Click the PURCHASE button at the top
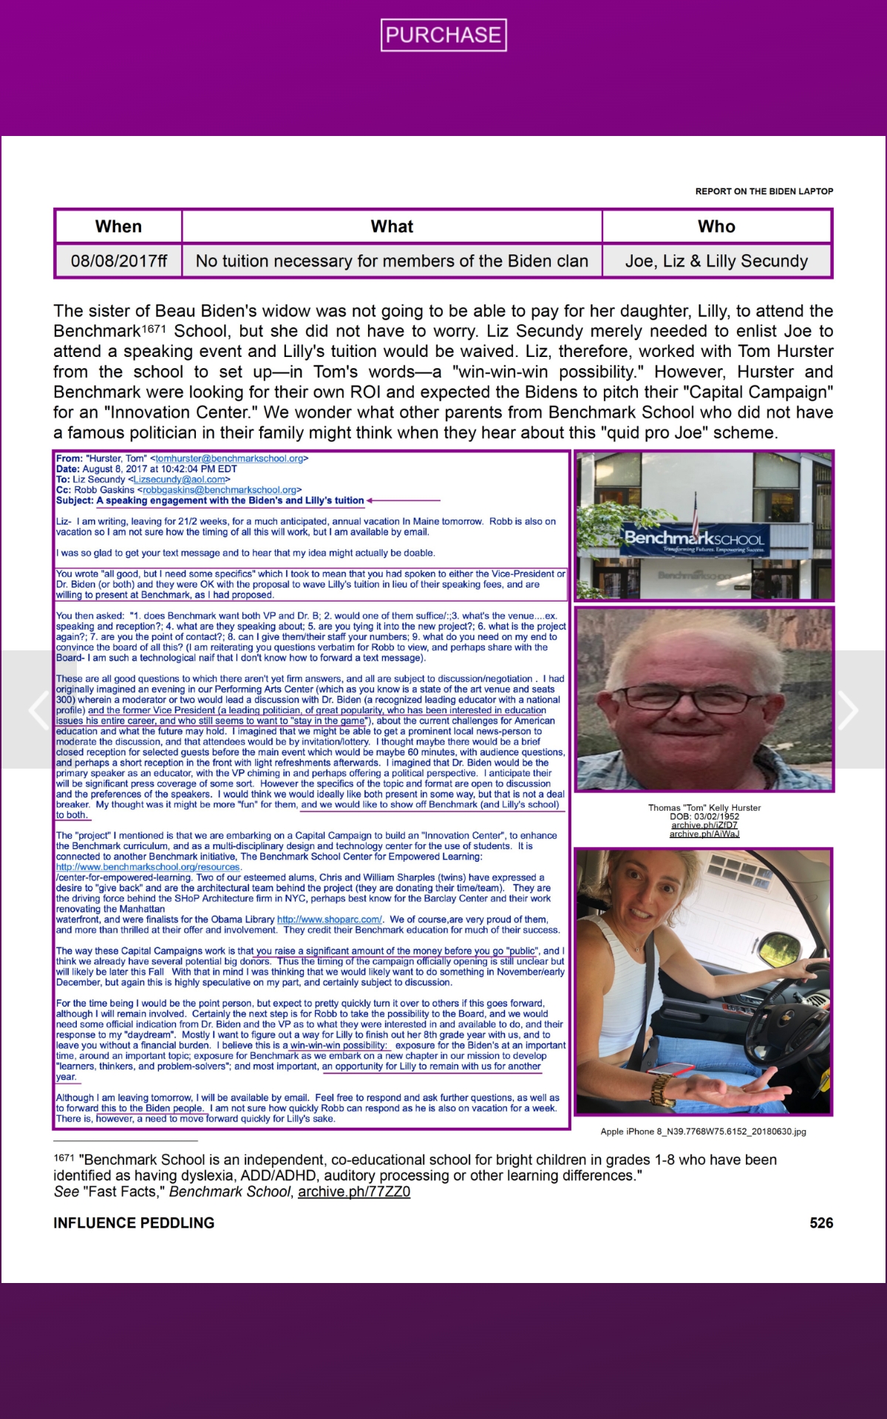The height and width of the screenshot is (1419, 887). click(443, 35)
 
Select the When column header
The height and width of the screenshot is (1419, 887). click(118, 226)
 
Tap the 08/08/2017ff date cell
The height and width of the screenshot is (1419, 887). click(118, 261)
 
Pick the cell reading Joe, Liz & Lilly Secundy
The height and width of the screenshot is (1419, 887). click(716, 261)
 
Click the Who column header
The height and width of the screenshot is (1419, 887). click(716, 226)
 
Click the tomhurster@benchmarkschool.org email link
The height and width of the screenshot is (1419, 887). click(229, 458)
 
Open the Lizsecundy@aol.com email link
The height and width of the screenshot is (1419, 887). click(179, 479)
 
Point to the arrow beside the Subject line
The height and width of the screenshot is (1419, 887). click(403, 500)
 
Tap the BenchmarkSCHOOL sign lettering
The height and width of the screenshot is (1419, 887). click(693, 538)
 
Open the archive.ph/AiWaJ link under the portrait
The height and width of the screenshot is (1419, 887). click(704, 834)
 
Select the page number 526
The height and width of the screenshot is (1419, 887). click(820, 1222)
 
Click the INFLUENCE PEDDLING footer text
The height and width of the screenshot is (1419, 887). click(134, 1222)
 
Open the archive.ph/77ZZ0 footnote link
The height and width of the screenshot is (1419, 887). click(353, 1191)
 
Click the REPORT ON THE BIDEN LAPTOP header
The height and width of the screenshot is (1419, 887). click(764, 191)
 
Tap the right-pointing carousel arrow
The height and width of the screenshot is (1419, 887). click(847, 710)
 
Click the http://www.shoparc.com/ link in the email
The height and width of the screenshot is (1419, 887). click(329, 919)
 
